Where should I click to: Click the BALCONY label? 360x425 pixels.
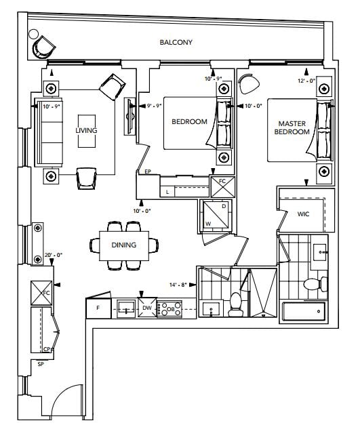tap(176, 42)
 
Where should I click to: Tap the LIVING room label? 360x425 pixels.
tap(86, 130)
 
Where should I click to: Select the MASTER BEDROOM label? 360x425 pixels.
tap(292, 127)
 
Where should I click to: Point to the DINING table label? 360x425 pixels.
tap(124, 245)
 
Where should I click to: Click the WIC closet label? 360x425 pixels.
tap(303, 214)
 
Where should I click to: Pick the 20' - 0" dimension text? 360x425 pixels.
tap(54, 255)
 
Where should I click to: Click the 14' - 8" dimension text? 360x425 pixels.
tap(178, 285)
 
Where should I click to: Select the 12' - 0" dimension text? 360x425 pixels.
tap(306, 81)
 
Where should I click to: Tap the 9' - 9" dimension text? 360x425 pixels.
tap(155, 106)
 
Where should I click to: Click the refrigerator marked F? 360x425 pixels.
tap(98, 308)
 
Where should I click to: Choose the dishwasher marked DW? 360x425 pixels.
tap(147, 308)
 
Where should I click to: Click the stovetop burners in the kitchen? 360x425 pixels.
tap(170, 308)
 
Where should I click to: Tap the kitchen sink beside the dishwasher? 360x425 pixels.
tap(126, 308)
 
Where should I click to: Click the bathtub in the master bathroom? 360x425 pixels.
tap(304, 312)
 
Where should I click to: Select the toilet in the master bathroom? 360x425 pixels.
tap(315, 284)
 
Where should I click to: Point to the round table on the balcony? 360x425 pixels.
tap(34, 34)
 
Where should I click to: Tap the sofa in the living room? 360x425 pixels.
tap(49, 132)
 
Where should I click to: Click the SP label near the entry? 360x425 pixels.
tap(41, 364)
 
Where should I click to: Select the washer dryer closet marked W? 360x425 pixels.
tap(216, 216)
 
